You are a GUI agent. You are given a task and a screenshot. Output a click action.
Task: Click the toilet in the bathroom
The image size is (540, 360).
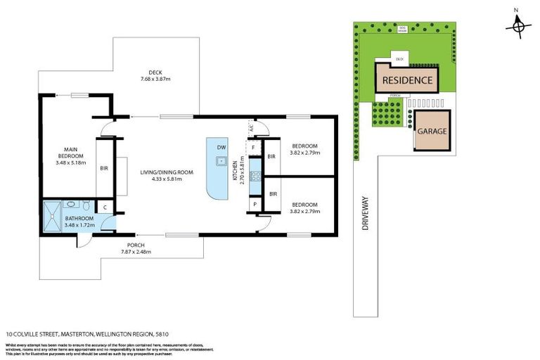pos(85,206)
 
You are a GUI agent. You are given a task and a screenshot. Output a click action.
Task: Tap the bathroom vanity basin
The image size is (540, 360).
pos(71,205)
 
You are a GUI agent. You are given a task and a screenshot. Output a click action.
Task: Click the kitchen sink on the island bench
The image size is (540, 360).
pos(221,161)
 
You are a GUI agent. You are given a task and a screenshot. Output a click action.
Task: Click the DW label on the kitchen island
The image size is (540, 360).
pos(221,148)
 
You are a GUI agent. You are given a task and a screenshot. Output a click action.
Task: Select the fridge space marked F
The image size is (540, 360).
pos(253,148)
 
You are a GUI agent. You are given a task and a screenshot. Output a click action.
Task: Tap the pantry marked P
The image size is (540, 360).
pos(253,204)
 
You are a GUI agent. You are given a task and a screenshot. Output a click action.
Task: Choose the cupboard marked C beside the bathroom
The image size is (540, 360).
pos(104,207)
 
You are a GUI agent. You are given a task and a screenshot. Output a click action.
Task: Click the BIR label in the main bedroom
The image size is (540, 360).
pos(104,169)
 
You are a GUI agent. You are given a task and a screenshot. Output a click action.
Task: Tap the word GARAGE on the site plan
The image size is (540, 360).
pos(432,131)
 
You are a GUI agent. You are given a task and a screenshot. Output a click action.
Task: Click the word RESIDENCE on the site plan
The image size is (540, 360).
pos(407,80)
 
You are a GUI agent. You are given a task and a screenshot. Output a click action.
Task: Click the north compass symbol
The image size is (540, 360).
pos(518,26)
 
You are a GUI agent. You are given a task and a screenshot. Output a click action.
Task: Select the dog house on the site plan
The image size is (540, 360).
pos(402,30)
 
